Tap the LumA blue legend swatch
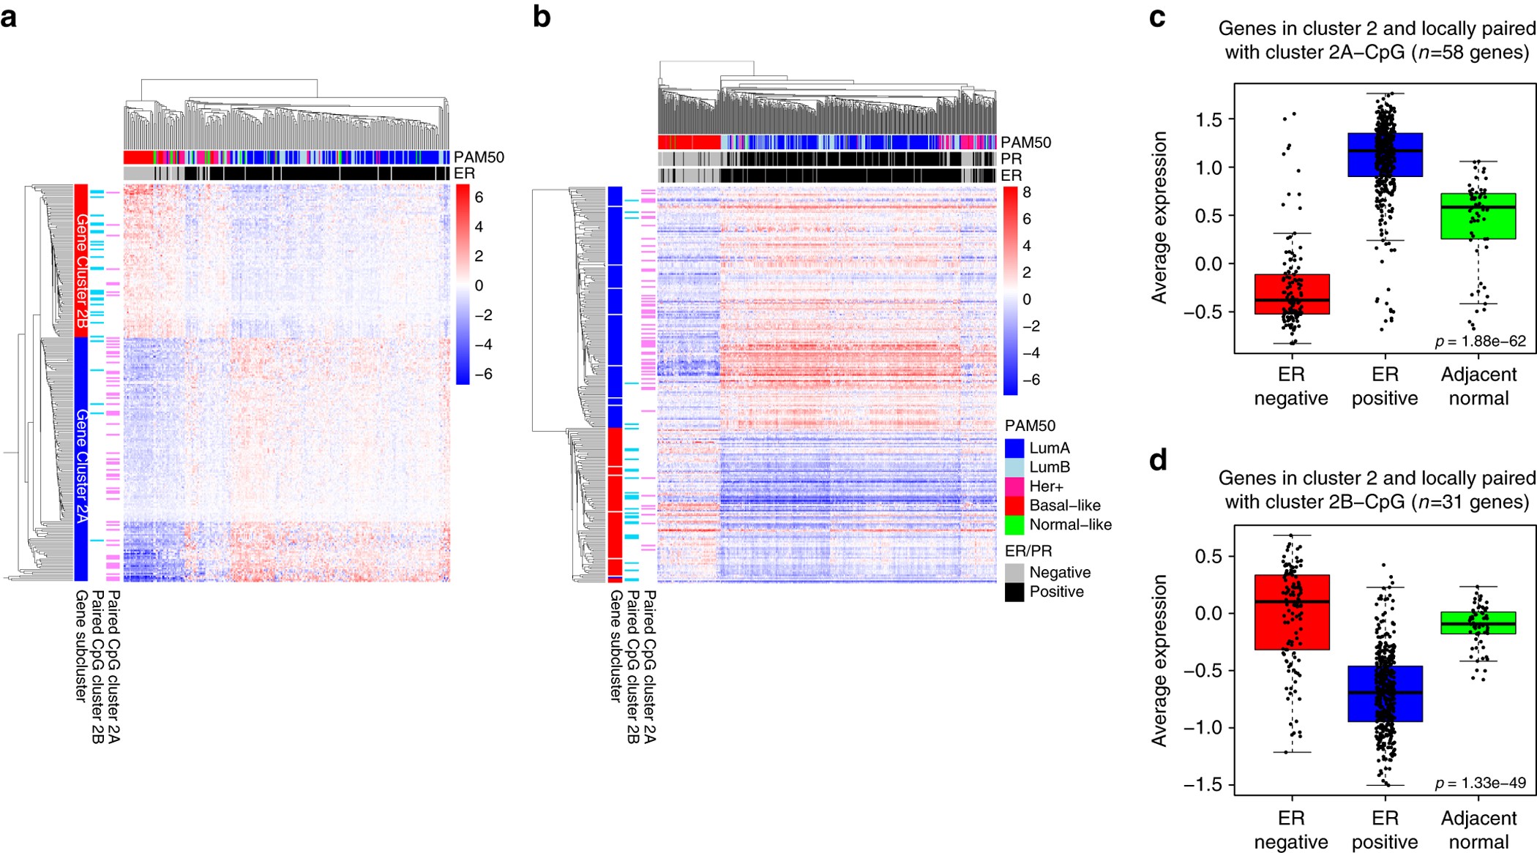(1014, 448)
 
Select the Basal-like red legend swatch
(1014, 506)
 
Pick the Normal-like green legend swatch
(1014, 525)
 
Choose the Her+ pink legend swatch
(1014, 486)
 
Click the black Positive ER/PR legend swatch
(1014, 592)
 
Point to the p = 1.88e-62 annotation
(1480, 341)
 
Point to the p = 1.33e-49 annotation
(1480, 783)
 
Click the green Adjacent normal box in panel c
(1478, 216)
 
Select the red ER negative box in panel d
(1291, 612)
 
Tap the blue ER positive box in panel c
(1385, 154)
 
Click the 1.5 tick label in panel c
(1209, 119)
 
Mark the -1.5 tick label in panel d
(1204, 784)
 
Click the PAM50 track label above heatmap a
(479, 157)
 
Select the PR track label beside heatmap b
(1011, 159)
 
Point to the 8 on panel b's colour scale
(1027, 192)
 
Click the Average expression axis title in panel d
(1159, 660)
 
